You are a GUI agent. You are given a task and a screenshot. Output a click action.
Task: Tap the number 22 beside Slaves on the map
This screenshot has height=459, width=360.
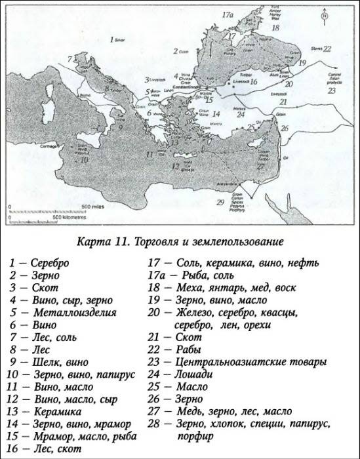coord(327,49)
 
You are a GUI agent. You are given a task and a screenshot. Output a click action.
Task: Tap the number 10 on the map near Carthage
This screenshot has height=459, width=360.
coord(83,159)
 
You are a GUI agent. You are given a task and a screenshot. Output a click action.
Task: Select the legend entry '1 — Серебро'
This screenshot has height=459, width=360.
coord(39,263)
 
